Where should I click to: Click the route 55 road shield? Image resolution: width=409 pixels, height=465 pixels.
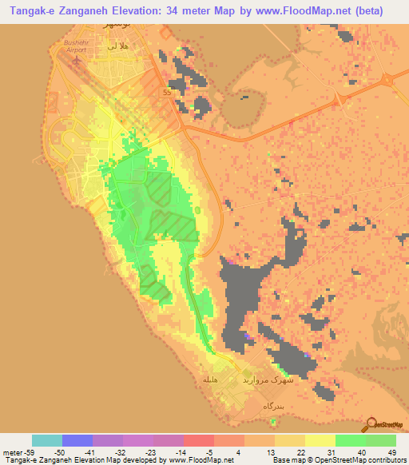click(166, 93)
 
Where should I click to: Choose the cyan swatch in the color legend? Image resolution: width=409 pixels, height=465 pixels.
click(47, 440)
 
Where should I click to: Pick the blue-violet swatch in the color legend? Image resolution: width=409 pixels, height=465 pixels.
click(77, 440)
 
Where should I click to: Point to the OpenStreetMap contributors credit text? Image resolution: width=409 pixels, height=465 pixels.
click(351, 460)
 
